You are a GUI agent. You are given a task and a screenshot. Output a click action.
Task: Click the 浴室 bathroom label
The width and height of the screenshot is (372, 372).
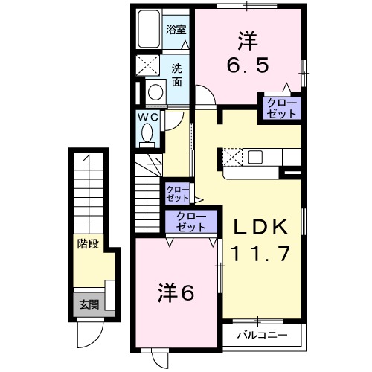pyautogui.click(x=176, y=31)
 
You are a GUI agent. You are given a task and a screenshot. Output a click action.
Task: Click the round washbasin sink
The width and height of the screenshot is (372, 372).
pyautogui.click(x=156, y=92)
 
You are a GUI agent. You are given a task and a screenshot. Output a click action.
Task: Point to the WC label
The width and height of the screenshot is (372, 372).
pyautogui.click(x=146, y=117)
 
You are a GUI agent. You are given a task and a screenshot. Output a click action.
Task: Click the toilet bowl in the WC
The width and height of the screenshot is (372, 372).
pyautogui.click(x=147, y=134)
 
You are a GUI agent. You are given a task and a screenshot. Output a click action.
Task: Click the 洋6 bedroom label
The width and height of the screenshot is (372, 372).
pyautogui.click(x=176, y=292)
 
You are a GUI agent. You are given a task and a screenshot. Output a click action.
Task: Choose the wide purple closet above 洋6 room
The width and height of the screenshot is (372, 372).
pyautogui.click(x=191, y=222)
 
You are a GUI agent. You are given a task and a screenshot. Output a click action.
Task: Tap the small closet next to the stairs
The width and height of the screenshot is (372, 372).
pyautogui.click(x=177, y=193)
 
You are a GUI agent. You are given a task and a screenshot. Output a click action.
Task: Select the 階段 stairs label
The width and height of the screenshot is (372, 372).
pyautogui.click(x=89, y=244)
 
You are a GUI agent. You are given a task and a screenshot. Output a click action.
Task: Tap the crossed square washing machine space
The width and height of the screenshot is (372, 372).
pyautogui.click(x=148, y=65)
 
